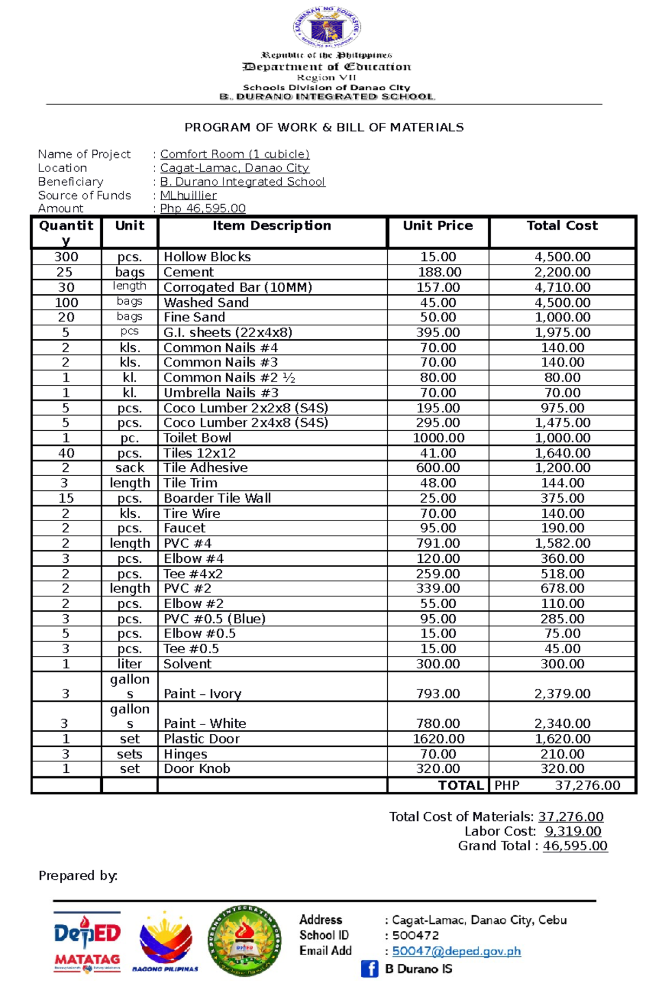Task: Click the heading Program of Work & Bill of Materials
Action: (x=324, y=128)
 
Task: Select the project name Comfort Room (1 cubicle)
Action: (x=235, y=154)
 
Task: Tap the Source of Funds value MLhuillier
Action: (x=188, y=195)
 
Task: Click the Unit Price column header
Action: (x=438, y=226)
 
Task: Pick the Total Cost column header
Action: (x=562, y=226)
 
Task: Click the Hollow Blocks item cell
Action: (x=207, y=257)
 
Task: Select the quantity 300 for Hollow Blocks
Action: (x=66, y=257)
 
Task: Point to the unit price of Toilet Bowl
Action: (x=438, y=438)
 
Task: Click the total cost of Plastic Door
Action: (x=562, y=739)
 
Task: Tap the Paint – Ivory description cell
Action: (x=203, y=694)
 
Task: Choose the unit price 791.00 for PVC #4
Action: (x=438, y=543)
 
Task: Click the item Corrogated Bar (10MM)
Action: (x=238, y=287)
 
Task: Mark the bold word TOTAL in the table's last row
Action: (x=460, y=786)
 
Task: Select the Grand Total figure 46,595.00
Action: (x=575, y=846)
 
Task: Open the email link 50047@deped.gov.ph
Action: (x=456, y=951)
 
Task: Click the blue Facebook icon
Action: (x=369, y=969)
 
